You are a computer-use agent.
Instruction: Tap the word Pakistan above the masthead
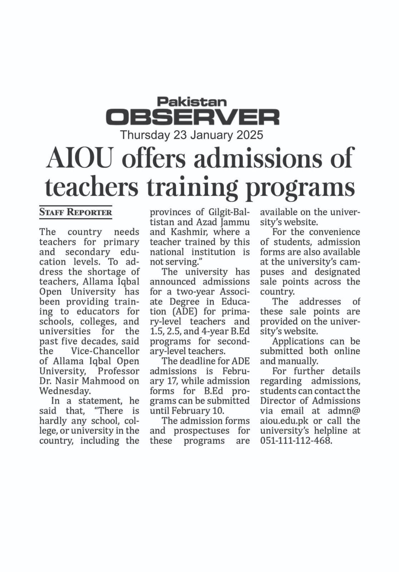tap(192, 102)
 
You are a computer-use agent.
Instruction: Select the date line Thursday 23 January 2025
tap(192, 135)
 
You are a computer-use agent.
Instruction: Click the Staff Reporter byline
tap(75, 212)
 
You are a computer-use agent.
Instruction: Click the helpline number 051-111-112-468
tap(296, 440)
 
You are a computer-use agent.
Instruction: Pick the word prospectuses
tap(202, 430)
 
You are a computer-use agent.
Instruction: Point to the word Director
tap(278, 401)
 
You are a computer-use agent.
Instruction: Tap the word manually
tap(299, 361)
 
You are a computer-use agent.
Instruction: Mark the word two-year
tap(196, 291)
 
